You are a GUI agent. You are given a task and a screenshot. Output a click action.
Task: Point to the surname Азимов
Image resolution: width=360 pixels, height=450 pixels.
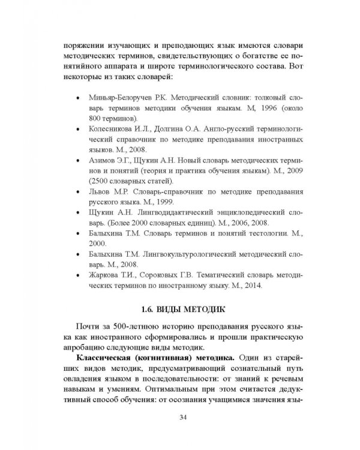tap(101, 161)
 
